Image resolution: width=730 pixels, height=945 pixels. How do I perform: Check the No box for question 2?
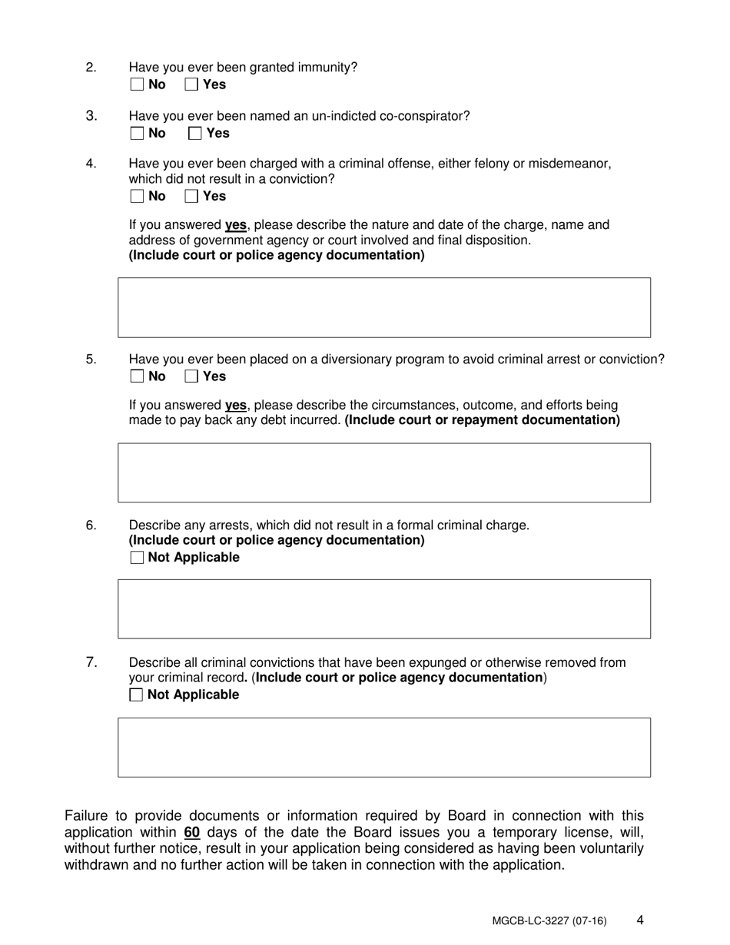137,85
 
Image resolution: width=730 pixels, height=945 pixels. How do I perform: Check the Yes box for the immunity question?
192,85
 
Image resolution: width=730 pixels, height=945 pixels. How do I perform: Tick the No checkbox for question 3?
137,133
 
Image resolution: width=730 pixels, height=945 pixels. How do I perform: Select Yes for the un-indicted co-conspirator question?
195,133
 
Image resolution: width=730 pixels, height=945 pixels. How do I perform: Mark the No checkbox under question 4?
137,196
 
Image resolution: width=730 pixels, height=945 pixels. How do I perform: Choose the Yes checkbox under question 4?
192,196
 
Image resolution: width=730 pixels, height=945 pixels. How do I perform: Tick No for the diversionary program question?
137,376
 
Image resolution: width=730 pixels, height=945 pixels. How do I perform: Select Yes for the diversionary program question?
192,376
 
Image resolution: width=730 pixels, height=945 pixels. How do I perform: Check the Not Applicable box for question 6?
137,558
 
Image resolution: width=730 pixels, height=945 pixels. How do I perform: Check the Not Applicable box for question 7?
137,695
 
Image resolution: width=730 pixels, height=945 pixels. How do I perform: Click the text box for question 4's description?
384,307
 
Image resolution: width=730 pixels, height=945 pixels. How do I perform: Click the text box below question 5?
384,472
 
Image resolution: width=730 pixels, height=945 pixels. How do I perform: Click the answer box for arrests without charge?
384,608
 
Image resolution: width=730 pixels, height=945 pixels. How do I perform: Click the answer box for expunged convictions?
384,747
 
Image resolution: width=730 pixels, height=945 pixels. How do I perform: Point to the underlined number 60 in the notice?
192,832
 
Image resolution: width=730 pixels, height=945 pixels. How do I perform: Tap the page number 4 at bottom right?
640,920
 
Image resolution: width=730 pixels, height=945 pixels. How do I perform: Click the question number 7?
91,661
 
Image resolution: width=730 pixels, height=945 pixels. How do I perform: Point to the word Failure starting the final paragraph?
88,815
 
